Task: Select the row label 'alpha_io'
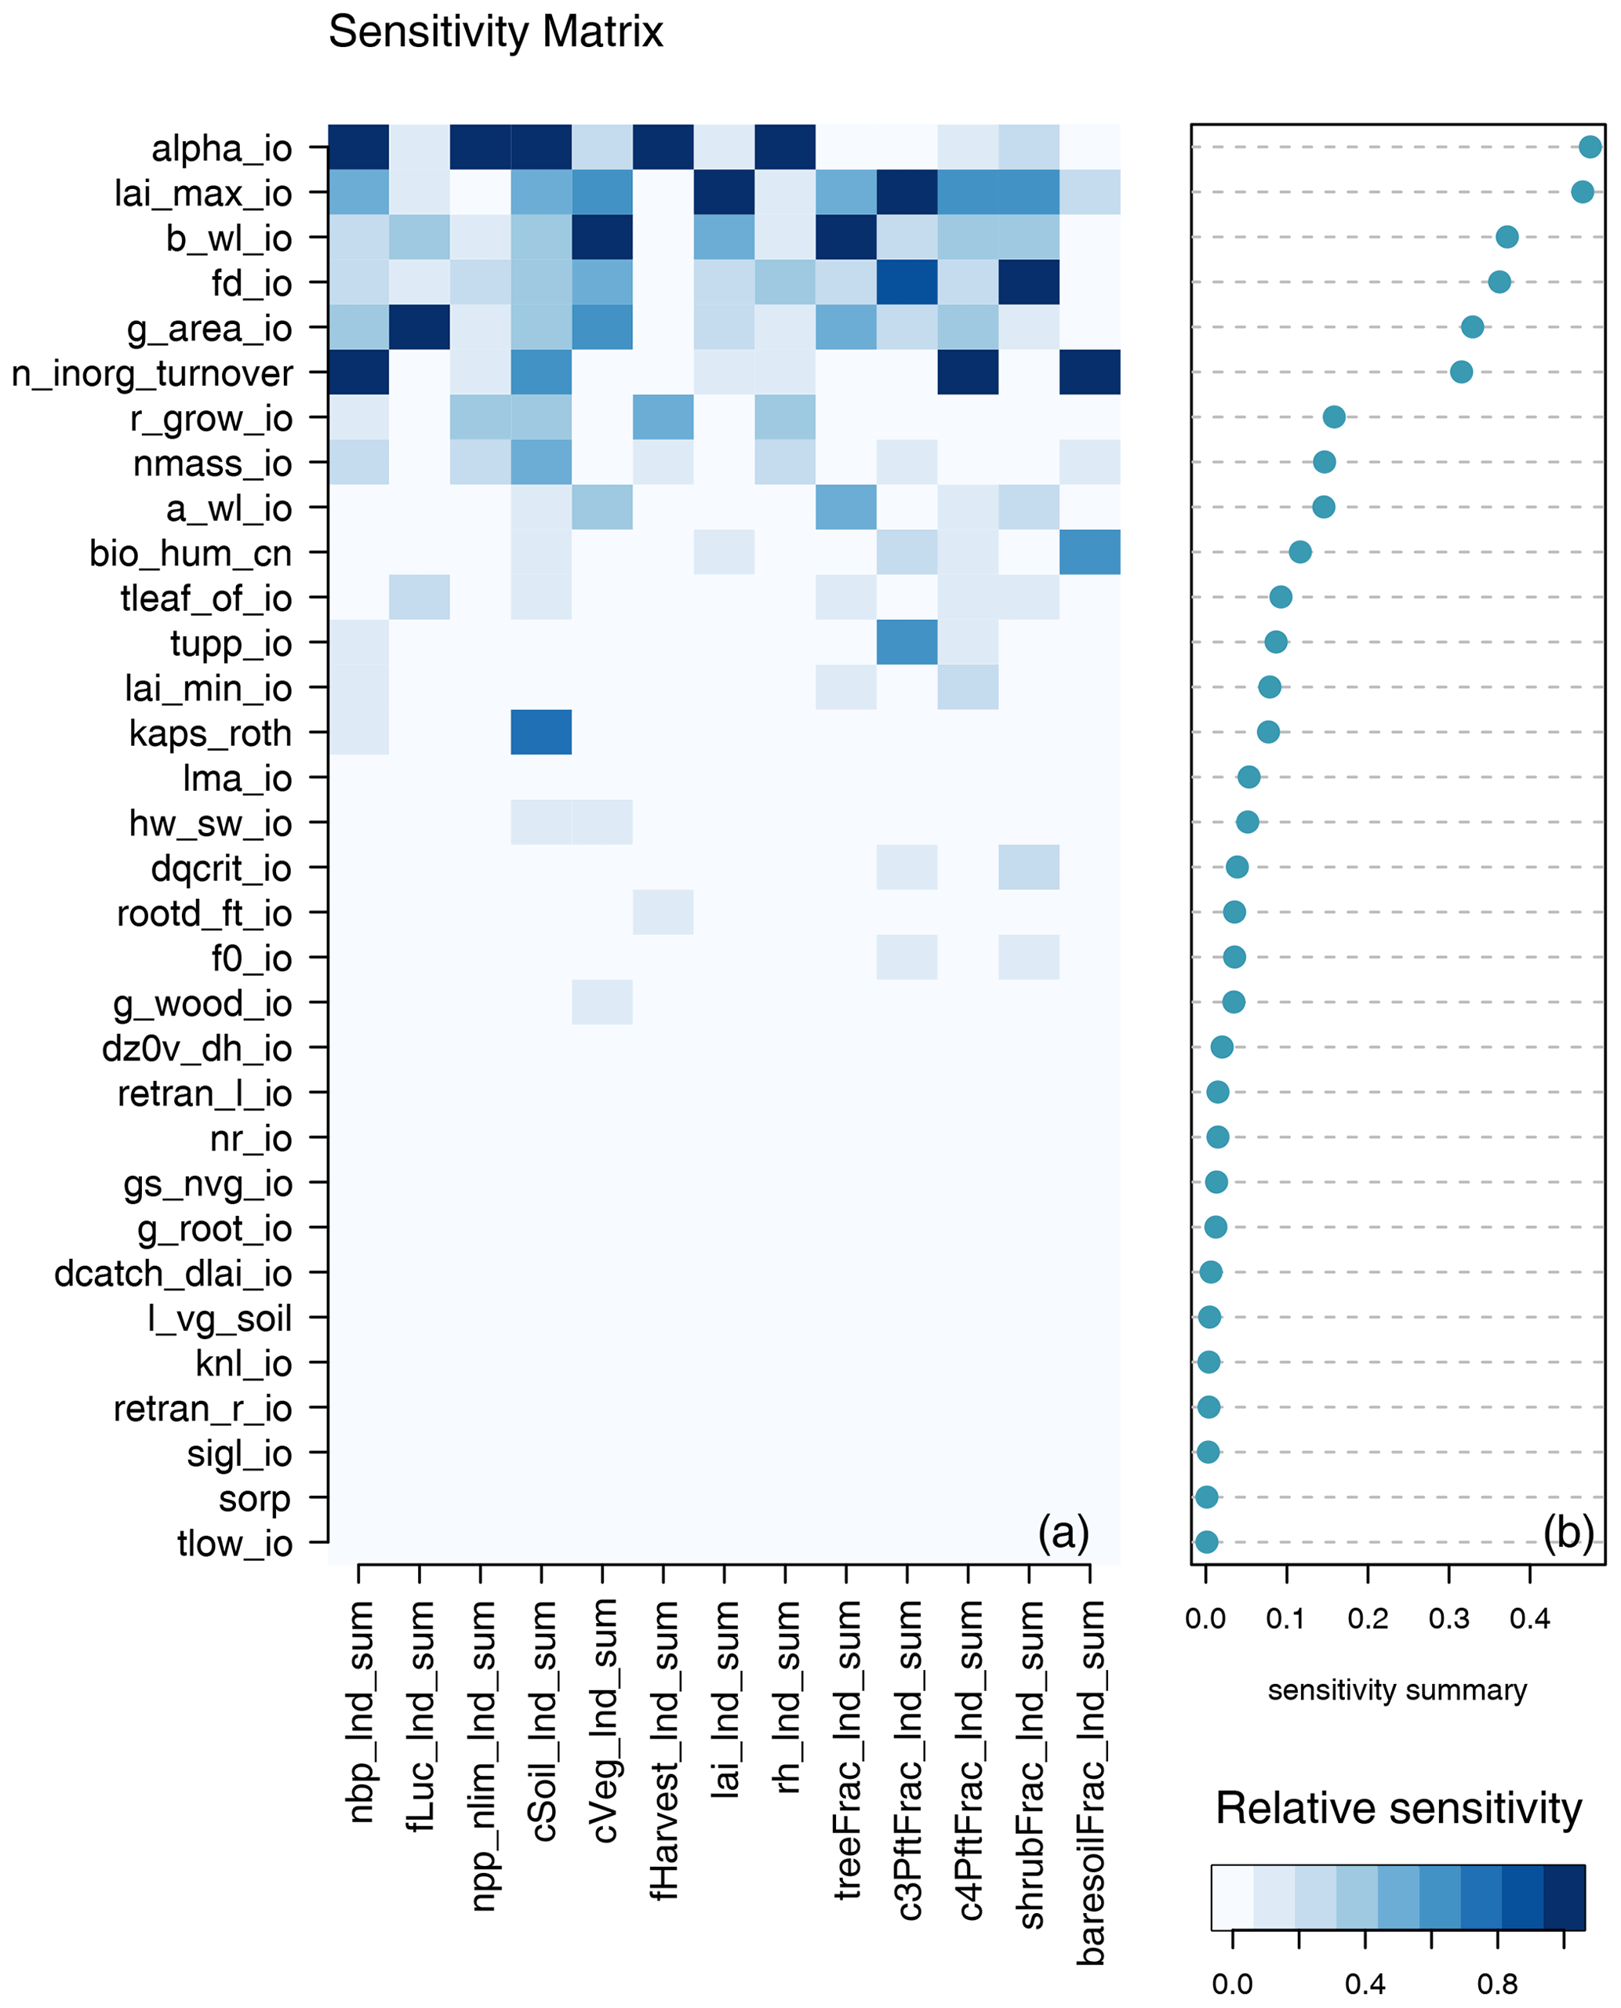[222, 148]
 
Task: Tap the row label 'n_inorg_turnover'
[152, 373]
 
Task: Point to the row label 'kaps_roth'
[210, 734]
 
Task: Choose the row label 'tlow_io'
[234, 1544]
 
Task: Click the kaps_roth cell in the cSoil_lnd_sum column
[542, 733]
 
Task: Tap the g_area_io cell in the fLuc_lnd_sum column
[420, 327]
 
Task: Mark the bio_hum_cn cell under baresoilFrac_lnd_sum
[1090, 552]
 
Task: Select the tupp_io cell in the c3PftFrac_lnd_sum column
[907, 642]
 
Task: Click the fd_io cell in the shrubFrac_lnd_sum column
[1029, 282]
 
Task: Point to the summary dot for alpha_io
[1590, 147]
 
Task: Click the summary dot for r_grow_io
[1334, 417]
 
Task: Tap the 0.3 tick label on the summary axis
[1448, 1618]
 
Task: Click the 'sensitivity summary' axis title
[1397, 1690]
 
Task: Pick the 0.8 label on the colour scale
[1497, 1984]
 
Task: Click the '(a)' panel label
[1063, 1533]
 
